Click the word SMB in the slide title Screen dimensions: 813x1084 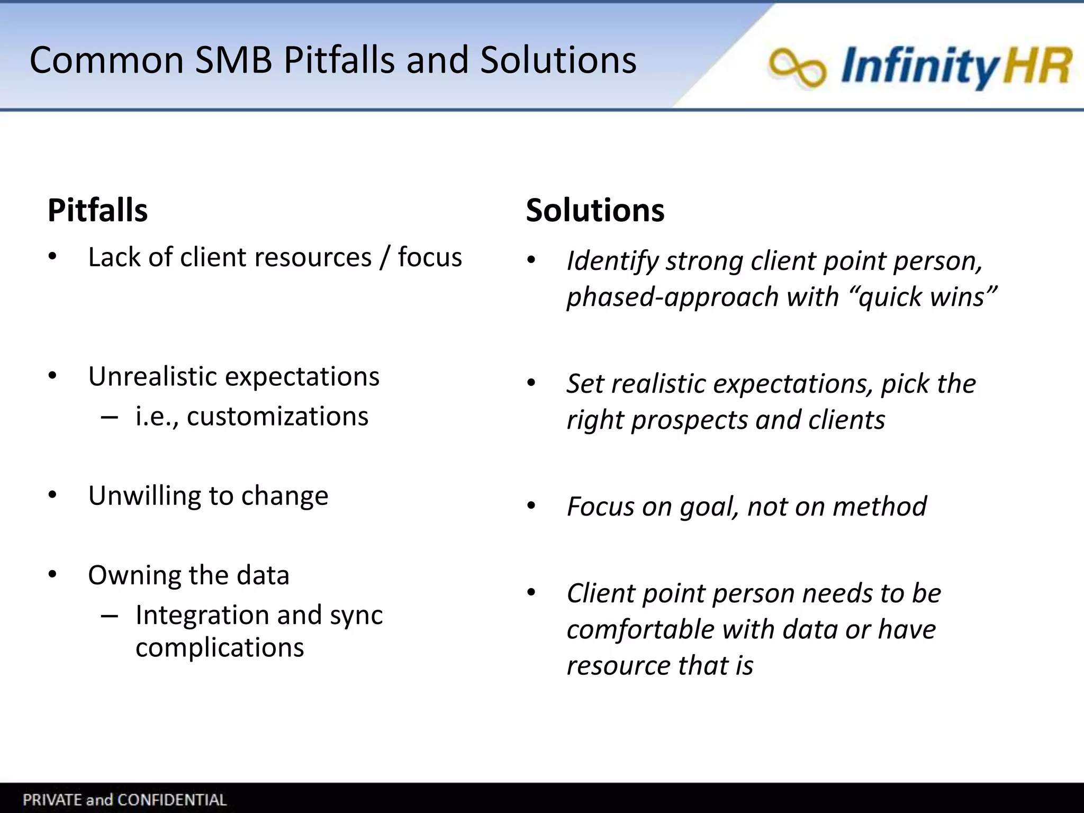click(x=233, y=60)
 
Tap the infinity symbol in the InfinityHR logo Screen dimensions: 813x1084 click(x=797, y=67)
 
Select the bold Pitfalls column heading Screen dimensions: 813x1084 click(x=97, y=210)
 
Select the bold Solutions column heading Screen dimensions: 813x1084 click(x=595, y=210)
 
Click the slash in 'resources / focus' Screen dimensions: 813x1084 click(x=385, y=258)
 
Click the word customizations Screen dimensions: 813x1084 click(x=277, y=416)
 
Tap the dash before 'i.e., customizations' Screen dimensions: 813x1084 click(x=109, y=417)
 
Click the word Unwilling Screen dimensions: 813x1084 click(x=144, y=496)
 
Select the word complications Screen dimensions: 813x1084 click(x=220, y=647)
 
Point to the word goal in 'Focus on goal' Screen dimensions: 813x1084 click(x=708, y=507)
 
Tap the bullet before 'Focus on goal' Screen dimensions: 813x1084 click(x=531, y=506)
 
